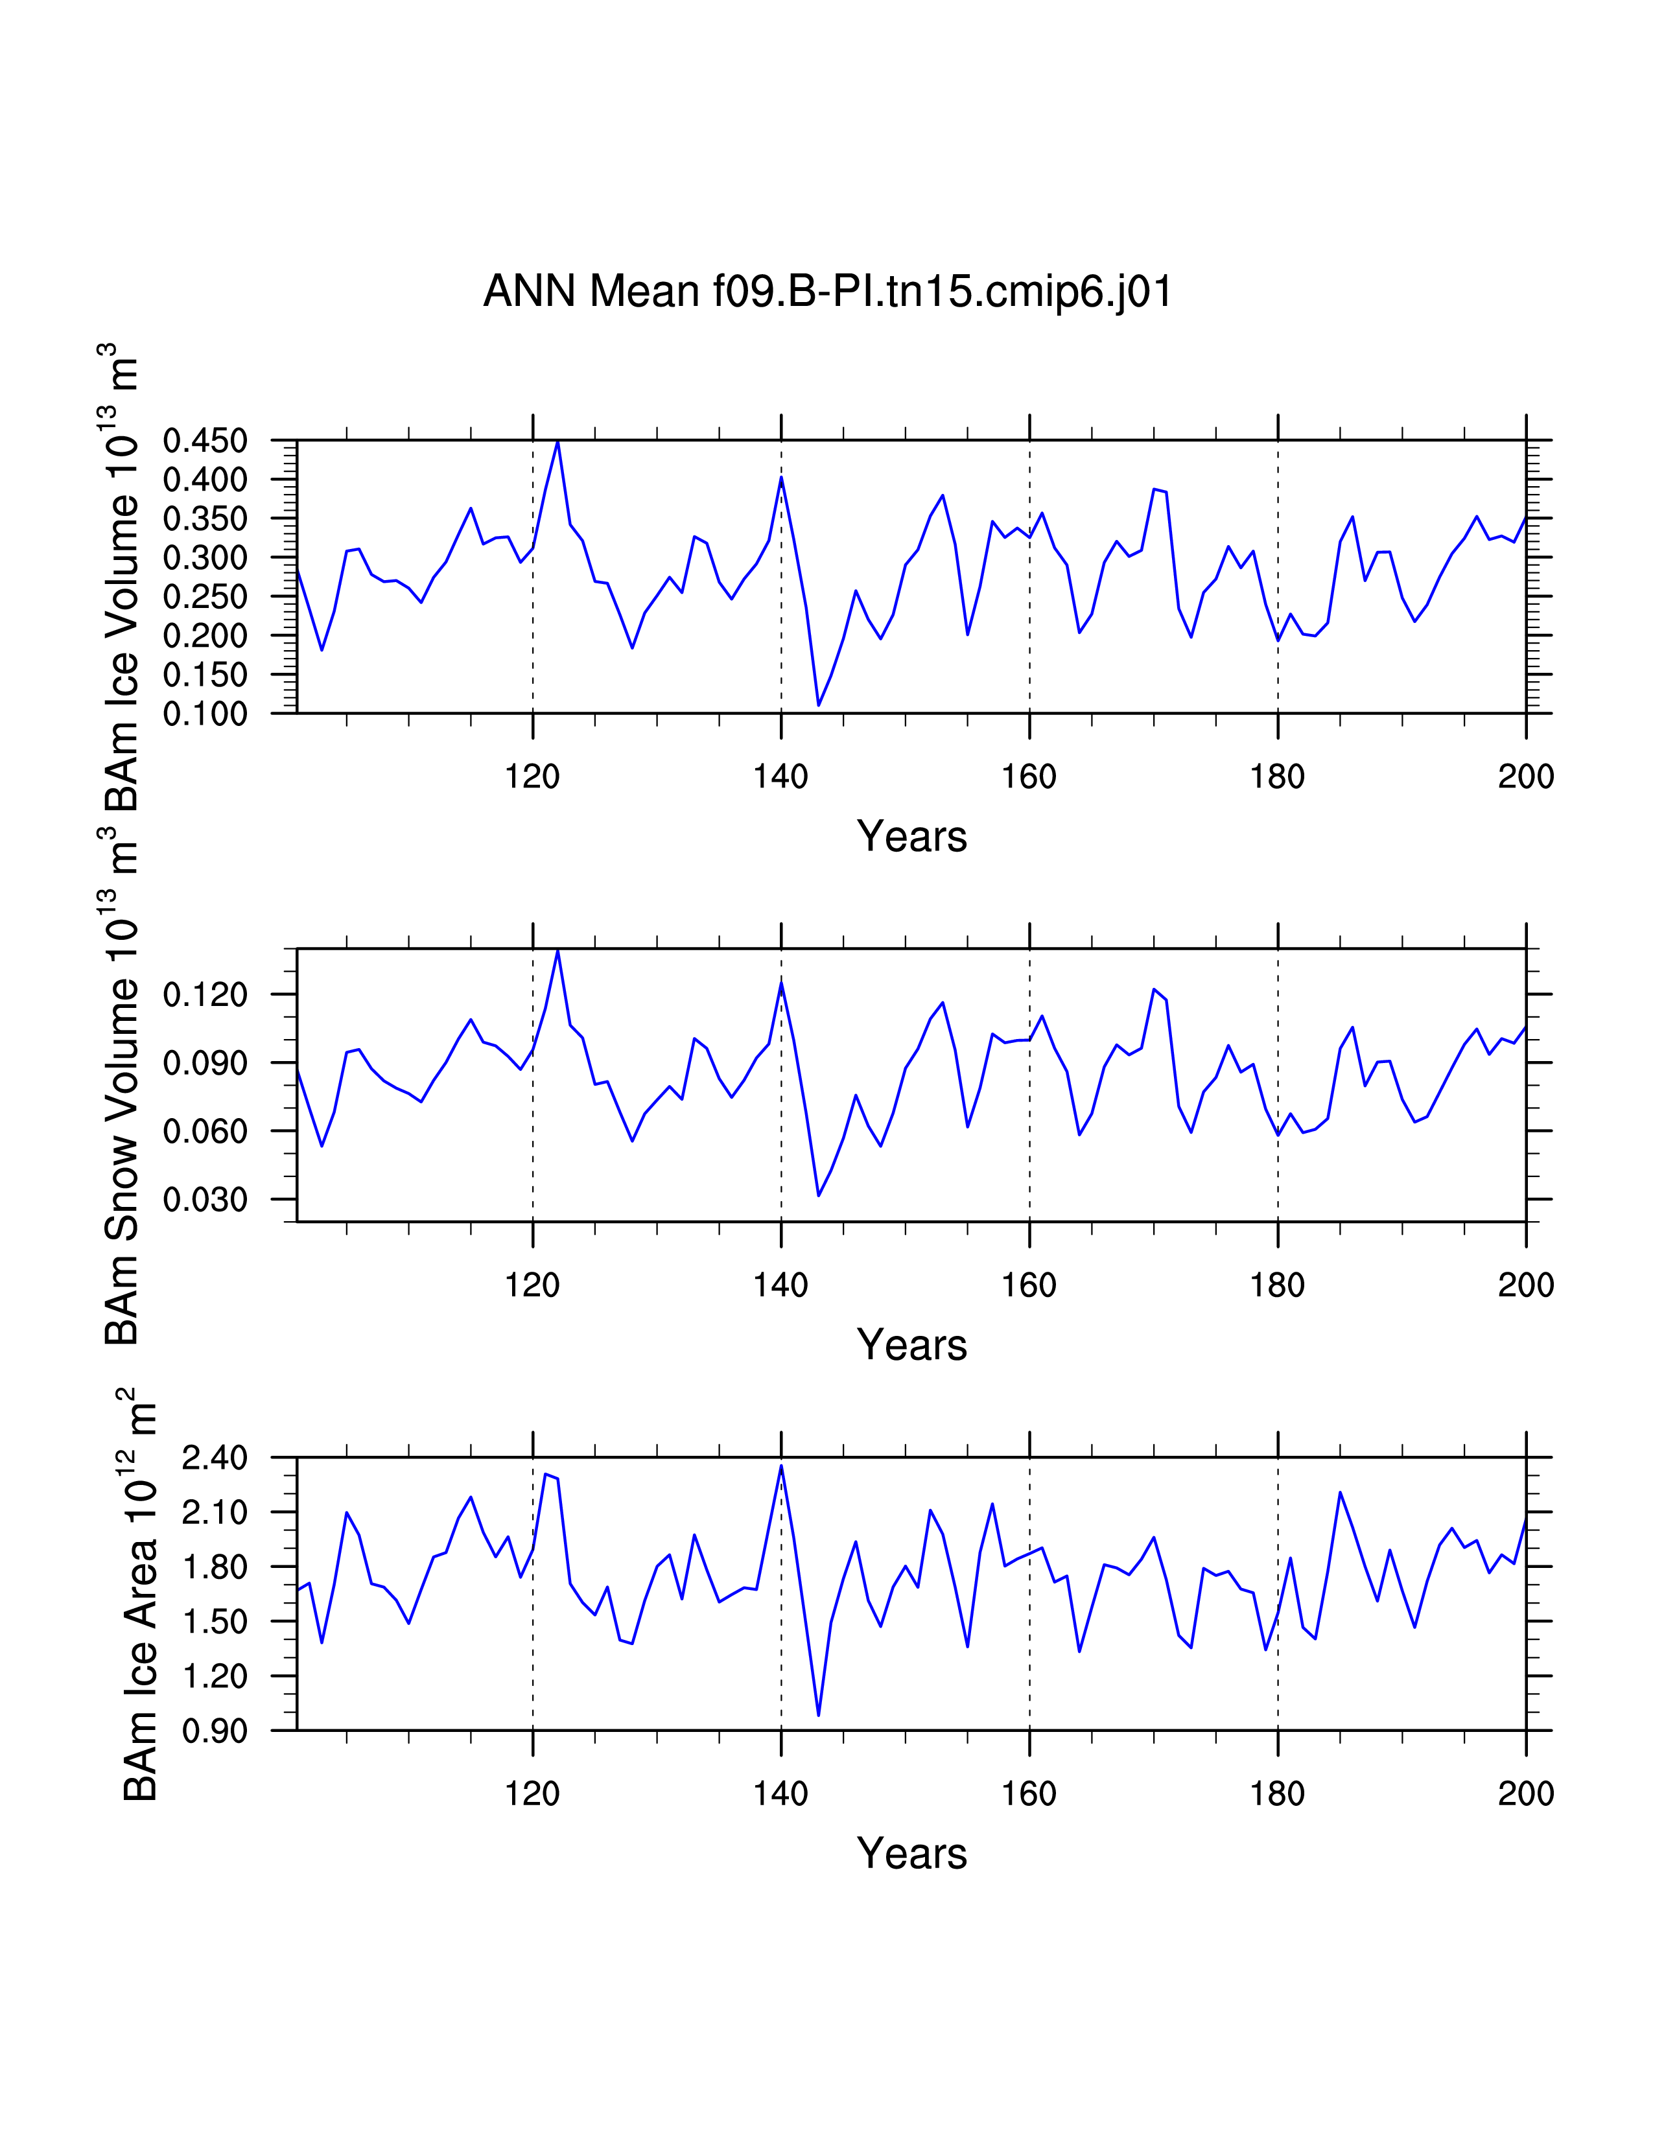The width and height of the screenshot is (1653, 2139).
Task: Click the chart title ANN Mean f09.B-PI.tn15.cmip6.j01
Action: (x=828, y=292)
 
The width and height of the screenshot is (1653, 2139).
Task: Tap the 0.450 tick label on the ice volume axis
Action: (x=205, y=441)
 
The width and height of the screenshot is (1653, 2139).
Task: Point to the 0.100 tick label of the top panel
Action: (x=205, y=714)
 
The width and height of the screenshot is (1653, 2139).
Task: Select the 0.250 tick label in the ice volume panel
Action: (x=205, y=596)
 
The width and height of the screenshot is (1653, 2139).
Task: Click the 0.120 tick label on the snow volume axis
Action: (x=205, y=995)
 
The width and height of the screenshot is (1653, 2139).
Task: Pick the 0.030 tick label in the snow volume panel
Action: (x=205, y=1200)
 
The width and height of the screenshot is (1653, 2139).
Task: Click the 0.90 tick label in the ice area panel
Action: (x=215, y=1731)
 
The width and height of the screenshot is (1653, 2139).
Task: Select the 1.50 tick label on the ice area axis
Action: (x=215, y=1621)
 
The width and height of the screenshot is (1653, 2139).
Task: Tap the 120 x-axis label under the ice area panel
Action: (x=532, y=1794)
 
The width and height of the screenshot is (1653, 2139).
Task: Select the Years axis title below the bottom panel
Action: (x=911, y=1853)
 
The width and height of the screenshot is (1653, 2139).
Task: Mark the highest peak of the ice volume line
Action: (x=557, y=441)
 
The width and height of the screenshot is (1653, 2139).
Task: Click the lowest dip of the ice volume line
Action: (x=819, y=705)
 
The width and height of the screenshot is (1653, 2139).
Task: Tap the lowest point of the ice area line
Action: (x=819, y=1715)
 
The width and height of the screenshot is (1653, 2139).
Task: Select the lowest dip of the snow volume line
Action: (x=819, y=1196)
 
